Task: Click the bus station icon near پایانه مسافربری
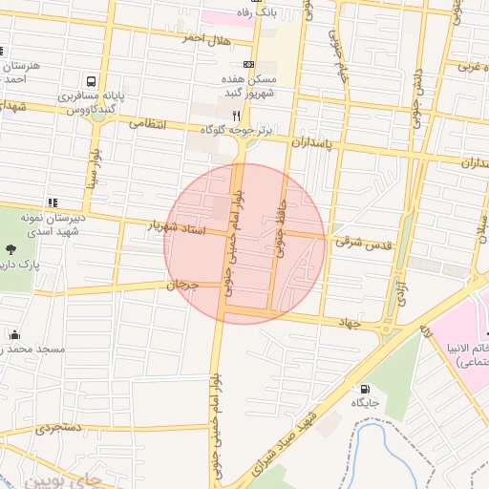[91, 81]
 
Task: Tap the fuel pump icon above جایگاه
[365, 389]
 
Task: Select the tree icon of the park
[11, 252]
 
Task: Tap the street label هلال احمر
[208, 37]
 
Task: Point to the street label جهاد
[346, 325]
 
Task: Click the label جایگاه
[365, 404]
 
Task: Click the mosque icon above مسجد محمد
[14, 334]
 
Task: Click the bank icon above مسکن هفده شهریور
[249, 65]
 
